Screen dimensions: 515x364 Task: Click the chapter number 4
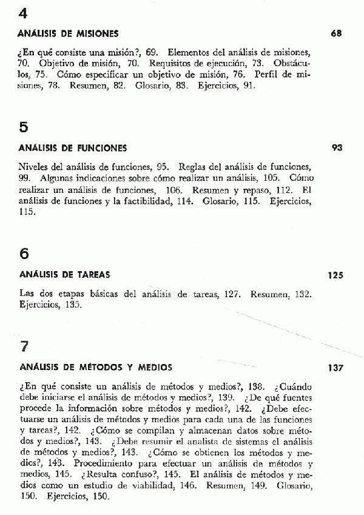[x=24, y=13]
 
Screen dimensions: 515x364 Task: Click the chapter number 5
[x=24, y=127]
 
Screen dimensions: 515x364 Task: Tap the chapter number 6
[x=24, y=254]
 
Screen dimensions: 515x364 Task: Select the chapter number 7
[x=24, y=347]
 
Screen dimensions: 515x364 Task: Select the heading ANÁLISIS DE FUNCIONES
[x=73, y=147]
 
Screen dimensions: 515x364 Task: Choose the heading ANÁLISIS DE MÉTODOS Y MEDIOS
[x=95, y=367]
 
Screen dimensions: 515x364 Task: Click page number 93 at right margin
[x=338, y=147]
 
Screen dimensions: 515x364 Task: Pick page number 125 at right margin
[x=335, y=275]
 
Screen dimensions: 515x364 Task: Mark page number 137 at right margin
[x=335, y=368]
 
